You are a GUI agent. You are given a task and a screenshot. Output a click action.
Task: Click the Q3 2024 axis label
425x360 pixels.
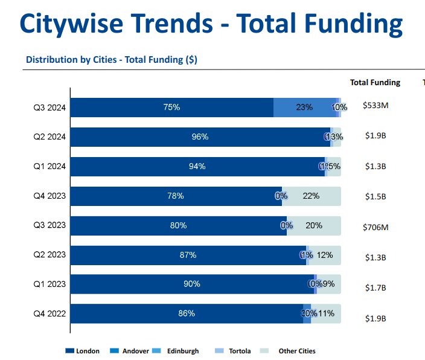click(x=50, y=108)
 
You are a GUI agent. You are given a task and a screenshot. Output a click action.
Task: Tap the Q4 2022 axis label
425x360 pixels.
click(x=50, y=314)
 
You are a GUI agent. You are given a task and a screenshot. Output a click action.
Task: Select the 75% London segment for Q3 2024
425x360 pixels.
click(x=172, y=108)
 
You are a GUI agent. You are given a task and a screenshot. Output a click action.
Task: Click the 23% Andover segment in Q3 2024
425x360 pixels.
click(x=304, y=108)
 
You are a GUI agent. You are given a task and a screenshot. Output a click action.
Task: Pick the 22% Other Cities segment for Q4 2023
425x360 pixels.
click(x=312, y=196)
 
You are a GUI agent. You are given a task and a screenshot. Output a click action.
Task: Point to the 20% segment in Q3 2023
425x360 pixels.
click(x=314, y=225)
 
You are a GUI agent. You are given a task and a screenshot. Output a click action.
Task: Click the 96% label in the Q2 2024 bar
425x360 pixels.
click(x=200, y=137)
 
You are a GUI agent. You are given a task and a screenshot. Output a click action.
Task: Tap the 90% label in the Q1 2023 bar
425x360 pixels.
click(x=192, y=284)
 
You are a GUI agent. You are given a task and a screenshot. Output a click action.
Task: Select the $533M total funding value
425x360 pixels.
click(x=375, y=106)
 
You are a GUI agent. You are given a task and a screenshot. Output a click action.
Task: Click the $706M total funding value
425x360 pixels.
click(x=375, y=227)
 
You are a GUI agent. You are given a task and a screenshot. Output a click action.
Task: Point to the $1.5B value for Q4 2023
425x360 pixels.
click(x=375, y=197)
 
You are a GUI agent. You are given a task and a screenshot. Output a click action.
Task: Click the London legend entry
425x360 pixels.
click(x=83, y=351)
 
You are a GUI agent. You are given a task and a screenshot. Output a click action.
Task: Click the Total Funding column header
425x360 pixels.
click(x=375, y=83)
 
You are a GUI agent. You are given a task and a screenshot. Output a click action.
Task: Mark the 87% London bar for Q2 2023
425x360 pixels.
click(x=188, y=255)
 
